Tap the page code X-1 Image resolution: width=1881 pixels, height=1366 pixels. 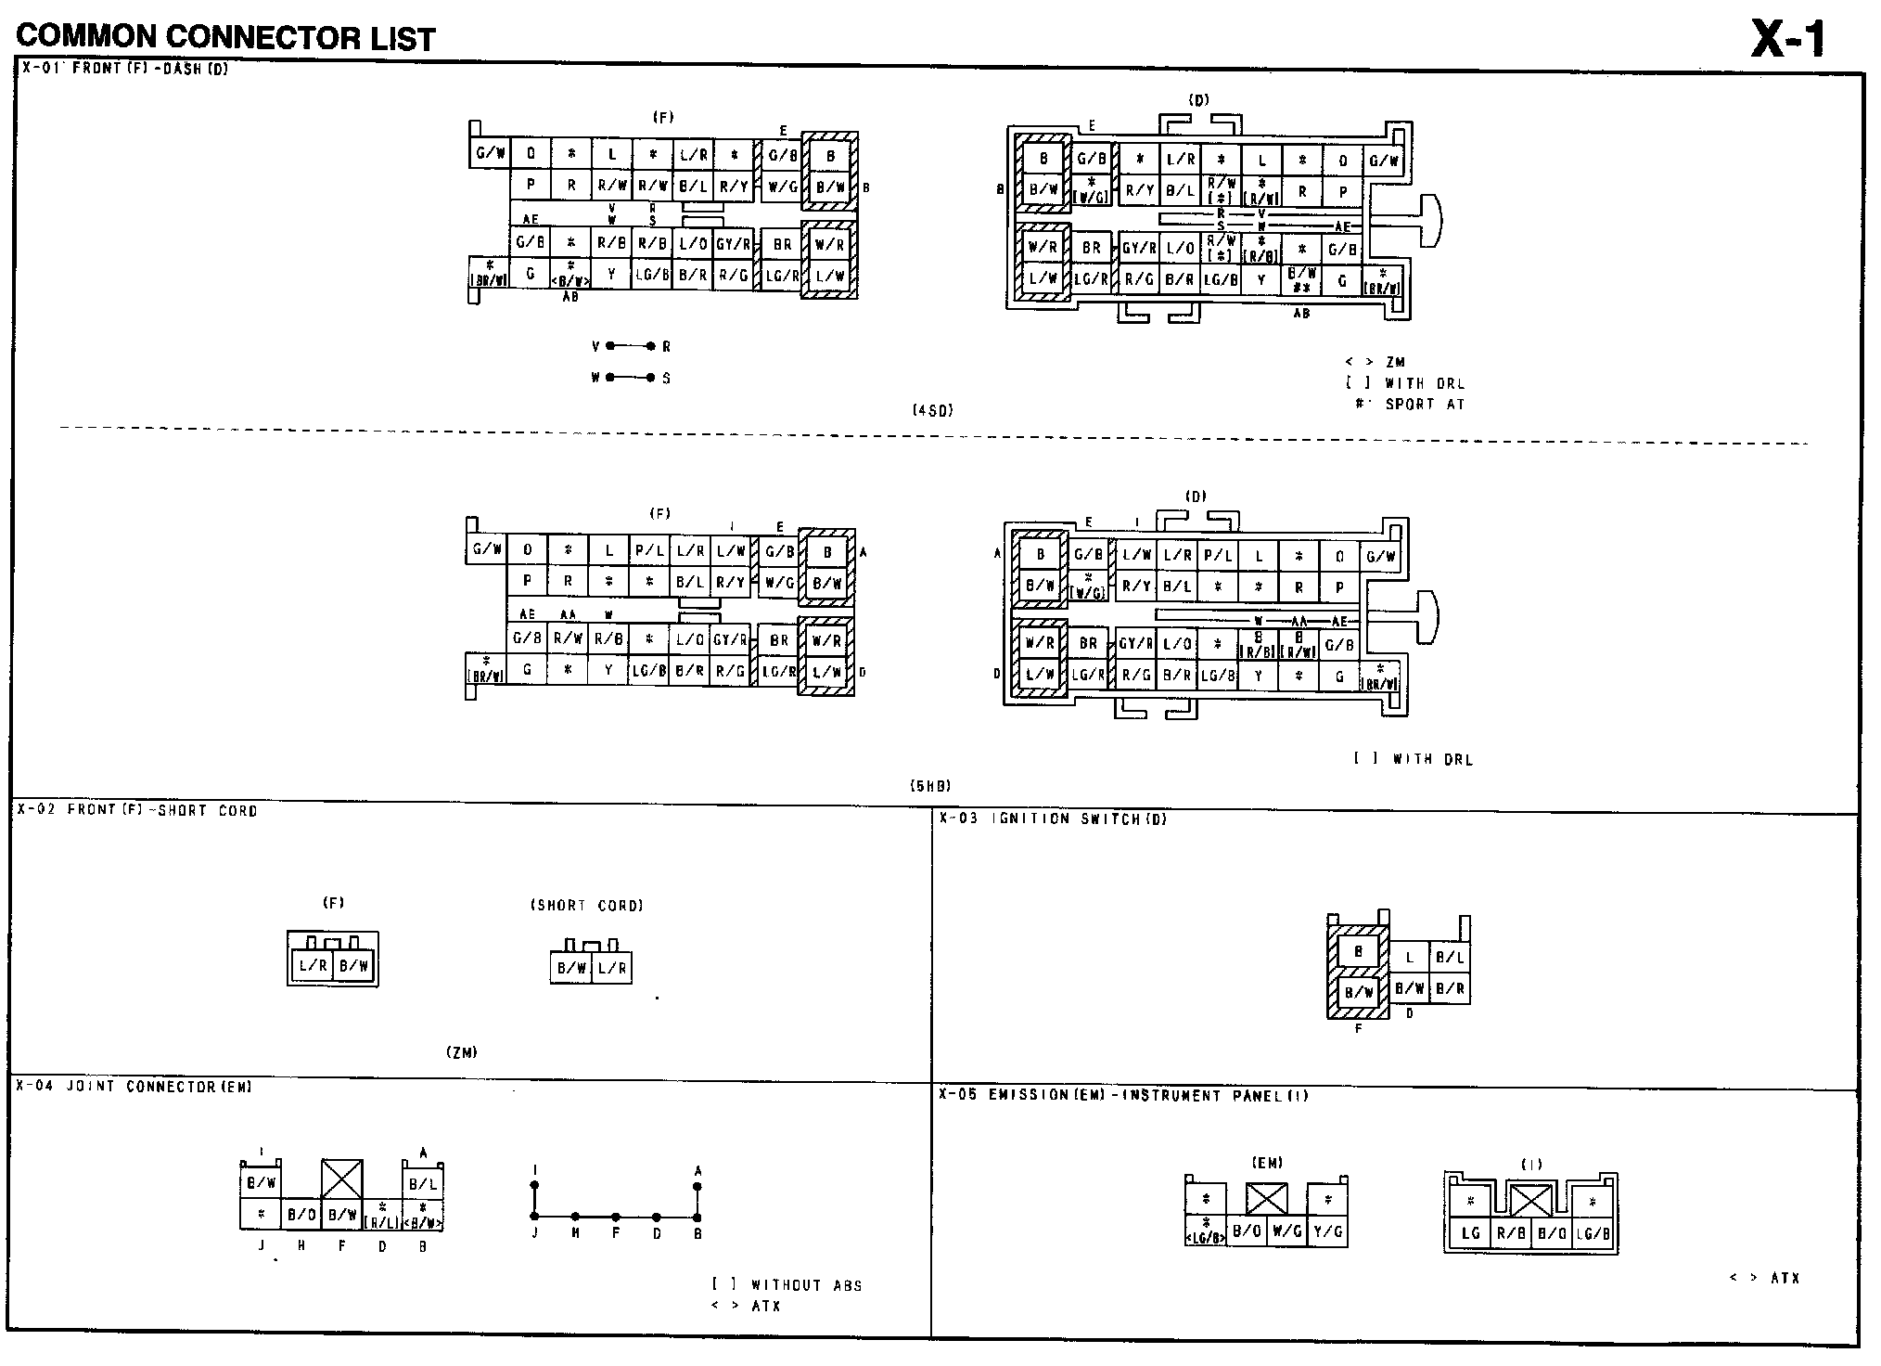click(x=1787, y=39)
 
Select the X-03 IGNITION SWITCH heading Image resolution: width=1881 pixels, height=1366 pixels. click(x=1052, y=818)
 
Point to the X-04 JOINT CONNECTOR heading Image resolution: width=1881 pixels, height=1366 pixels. click(x=134, y=1087)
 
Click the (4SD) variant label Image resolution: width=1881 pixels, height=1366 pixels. click(x=932, y=410)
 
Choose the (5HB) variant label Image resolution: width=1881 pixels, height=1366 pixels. click(x=930, y=786)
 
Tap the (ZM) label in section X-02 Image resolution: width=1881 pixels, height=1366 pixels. click(x=461, y=1052)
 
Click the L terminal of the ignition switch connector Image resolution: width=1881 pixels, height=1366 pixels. click(x=1410, y=958)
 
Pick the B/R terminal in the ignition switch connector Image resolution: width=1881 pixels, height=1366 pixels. click(x=1450, y=989)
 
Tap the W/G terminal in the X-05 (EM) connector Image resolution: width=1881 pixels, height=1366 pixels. click(x=1286, y=1231)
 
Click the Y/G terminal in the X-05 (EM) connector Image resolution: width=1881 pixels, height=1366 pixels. click(x=1327, y=1231)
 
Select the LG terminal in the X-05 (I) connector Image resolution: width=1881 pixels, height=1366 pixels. click(x=1470, y=1233)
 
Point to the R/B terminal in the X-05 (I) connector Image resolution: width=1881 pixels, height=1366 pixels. click(x=1511, y=1233)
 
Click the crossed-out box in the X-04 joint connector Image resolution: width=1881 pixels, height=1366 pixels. click(x=341, y=1179)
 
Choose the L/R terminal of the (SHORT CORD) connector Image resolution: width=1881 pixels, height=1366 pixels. click(x=611, y=968)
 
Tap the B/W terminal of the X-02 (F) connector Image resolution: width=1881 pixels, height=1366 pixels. click(x=353, y=966)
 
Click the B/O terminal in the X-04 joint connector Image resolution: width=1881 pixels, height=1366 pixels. click(x=301, y=1214)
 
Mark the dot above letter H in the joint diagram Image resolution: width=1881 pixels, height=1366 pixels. click(x=575, y=1216)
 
